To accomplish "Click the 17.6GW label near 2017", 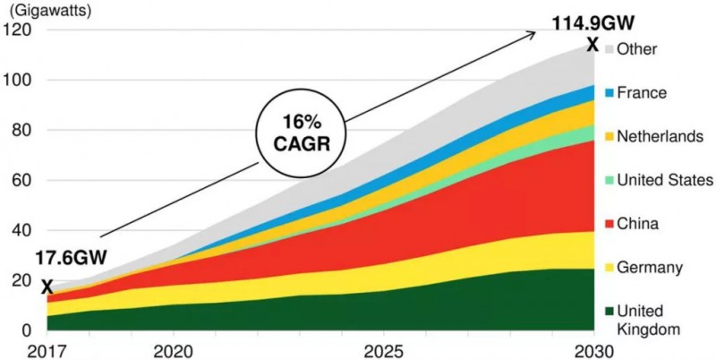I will [71, 259].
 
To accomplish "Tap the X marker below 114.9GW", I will [592, 44].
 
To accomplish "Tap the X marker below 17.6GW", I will [47, 286].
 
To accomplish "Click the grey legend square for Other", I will [609, 48].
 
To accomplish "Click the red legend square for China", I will [609, 223].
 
